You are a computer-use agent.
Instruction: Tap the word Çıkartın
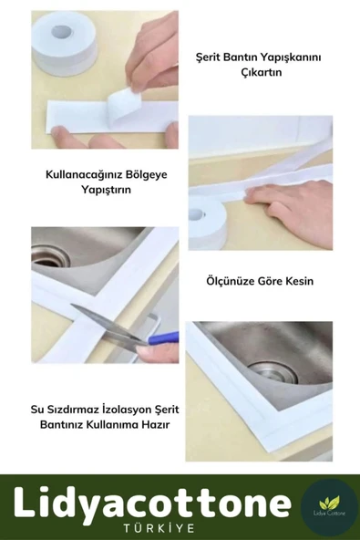coord(263,72)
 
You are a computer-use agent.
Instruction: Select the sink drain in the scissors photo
coord(50,255)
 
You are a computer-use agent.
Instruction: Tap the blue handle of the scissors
coord(161,339)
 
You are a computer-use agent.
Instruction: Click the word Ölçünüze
coord(237,281)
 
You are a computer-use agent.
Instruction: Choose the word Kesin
coord(298,281)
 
